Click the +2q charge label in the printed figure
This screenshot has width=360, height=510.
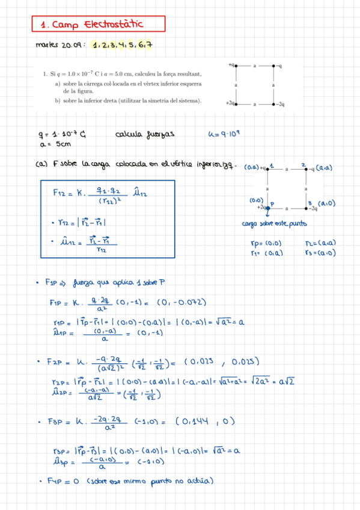point(230,103)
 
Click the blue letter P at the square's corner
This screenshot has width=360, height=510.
point(271,204)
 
